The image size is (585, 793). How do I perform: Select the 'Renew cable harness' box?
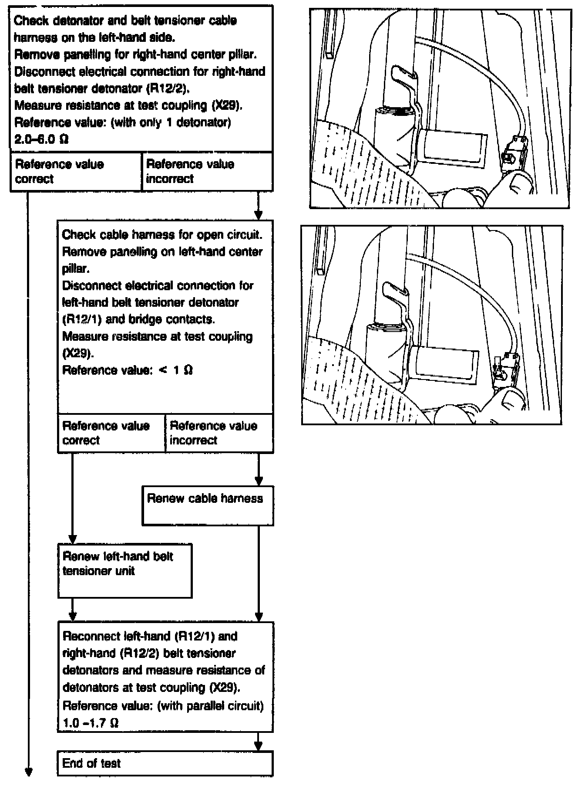pyautogui.click(x=208, y=505)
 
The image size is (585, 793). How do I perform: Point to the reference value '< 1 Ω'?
pyautogui.click(x=176, y=370)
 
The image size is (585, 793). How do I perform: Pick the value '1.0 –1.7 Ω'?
pyautogui.click(x=91, y=723)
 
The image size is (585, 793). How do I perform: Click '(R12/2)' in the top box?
pyautogui.click(x=167, y=88)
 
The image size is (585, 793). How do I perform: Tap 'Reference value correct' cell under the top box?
pyautogui.click(x=76, y=172)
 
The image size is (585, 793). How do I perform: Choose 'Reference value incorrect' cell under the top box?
pyautogui.click(x=207, y=172)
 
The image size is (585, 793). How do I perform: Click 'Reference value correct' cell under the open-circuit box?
pyautogui.click(x=111, y=433)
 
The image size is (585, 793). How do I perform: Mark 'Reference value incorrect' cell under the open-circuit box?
pyautogui.click(x=219, y=433)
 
